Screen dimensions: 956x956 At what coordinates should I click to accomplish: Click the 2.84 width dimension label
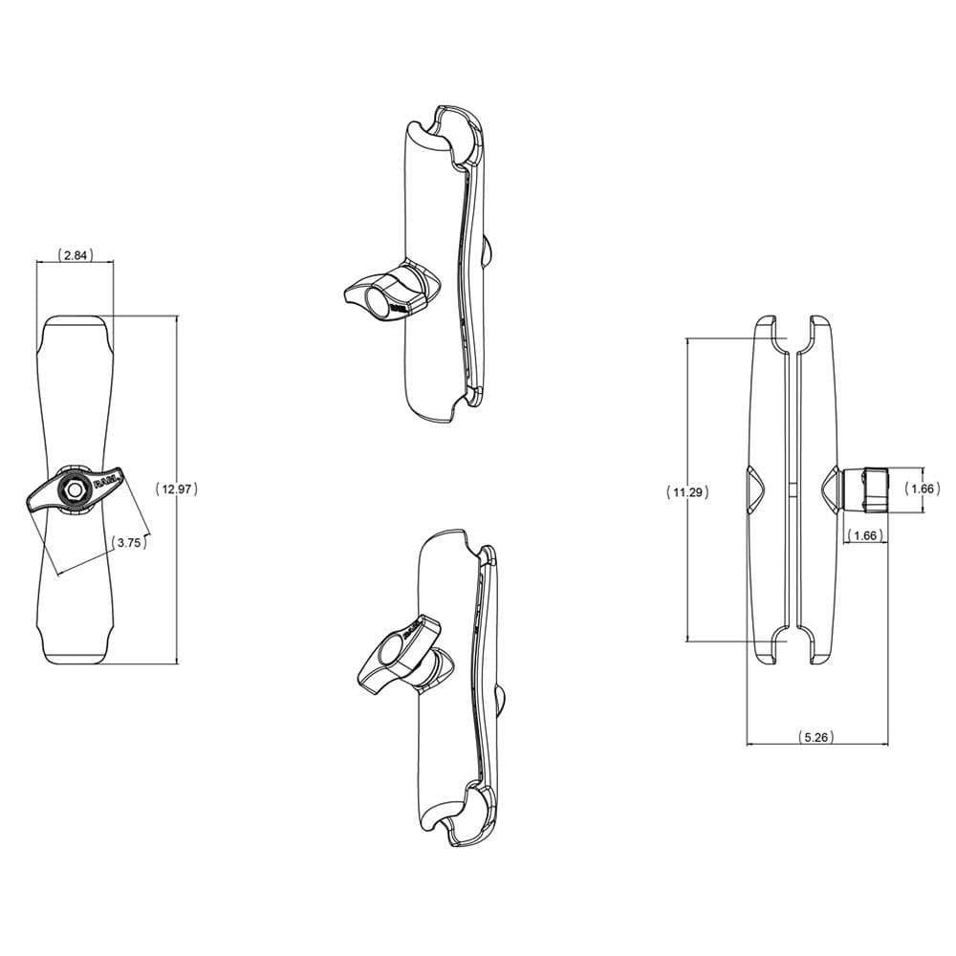76,254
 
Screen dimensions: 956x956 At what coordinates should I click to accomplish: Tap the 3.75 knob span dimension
129,542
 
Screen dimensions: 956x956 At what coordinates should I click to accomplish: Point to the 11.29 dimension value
686,492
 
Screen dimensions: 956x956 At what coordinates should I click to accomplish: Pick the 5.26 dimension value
815,737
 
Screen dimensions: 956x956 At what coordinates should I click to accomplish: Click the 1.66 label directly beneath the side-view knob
865,535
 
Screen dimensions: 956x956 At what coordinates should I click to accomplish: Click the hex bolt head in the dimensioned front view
74,488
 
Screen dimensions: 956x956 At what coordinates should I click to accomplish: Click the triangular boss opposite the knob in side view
753,489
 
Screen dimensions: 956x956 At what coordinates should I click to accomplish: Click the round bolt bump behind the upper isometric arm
488,251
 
